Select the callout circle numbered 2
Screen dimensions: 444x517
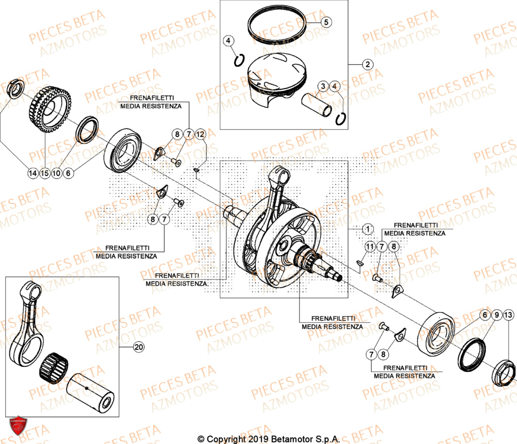click(x=367, y=65)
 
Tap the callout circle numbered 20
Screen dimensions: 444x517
click(x=138, y=347)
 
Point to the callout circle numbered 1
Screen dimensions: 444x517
click(x=367, y=228)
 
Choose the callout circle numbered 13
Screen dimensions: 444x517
click(x=509, y=315)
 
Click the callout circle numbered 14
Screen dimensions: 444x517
click(x=33, y=174)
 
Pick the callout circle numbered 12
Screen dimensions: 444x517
click(x=201, y=135)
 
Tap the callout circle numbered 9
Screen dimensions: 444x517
click(x=496, y=315)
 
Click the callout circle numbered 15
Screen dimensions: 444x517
click(x=44, y=174)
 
